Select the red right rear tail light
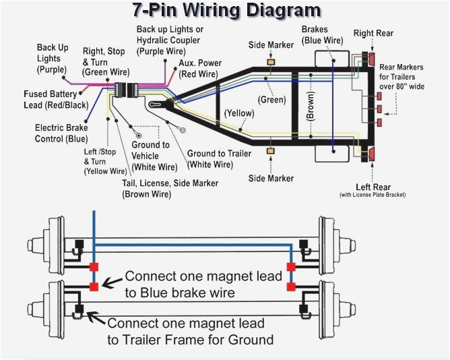(371, 59)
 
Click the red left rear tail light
(371, 156)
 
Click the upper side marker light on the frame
(271, 63)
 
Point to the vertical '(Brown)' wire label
(311, 105)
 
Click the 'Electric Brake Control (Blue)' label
(61, 133)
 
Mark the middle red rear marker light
(379, 108)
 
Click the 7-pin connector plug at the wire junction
(125, 92)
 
